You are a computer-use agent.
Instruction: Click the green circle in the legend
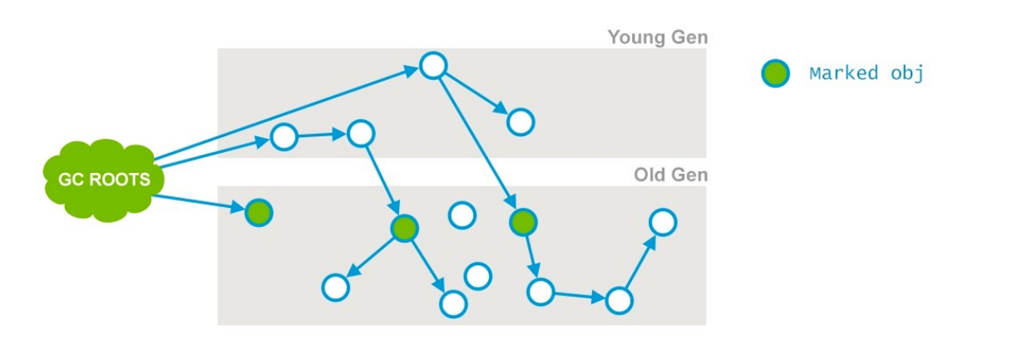pyautogui.click(x=775, y=73)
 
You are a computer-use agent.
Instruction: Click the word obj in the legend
pyautogui.click(x=907, y=73)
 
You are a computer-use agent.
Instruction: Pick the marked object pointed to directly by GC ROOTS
pyautogui.click(x=259, y=213)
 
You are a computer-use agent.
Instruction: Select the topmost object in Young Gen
pyautogui.click(x=433, y=65)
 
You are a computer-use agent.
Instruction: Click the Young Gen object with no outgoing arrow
pyautogui.click(x=521, y=122)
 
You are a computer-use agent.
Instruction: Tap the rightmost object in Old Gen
pyautogui.click(x=662, y=222)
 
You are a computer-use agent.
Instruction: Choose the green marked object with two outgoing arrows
pyautogui.click(x=404, y=228)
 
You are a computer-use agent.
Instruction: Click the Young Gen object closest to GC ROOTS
pyautogui.click(x=284, y=136)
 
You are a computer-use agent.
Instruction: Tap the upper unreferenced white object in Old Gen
pyautogui.click(x=462, y=215)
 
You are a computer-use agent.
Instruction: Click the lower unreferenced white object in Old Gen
pyautogui.click(x=477, y=275)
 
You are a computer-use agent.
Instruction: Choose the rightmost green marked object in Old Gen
pyautogui.click(x=522, y=221)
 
